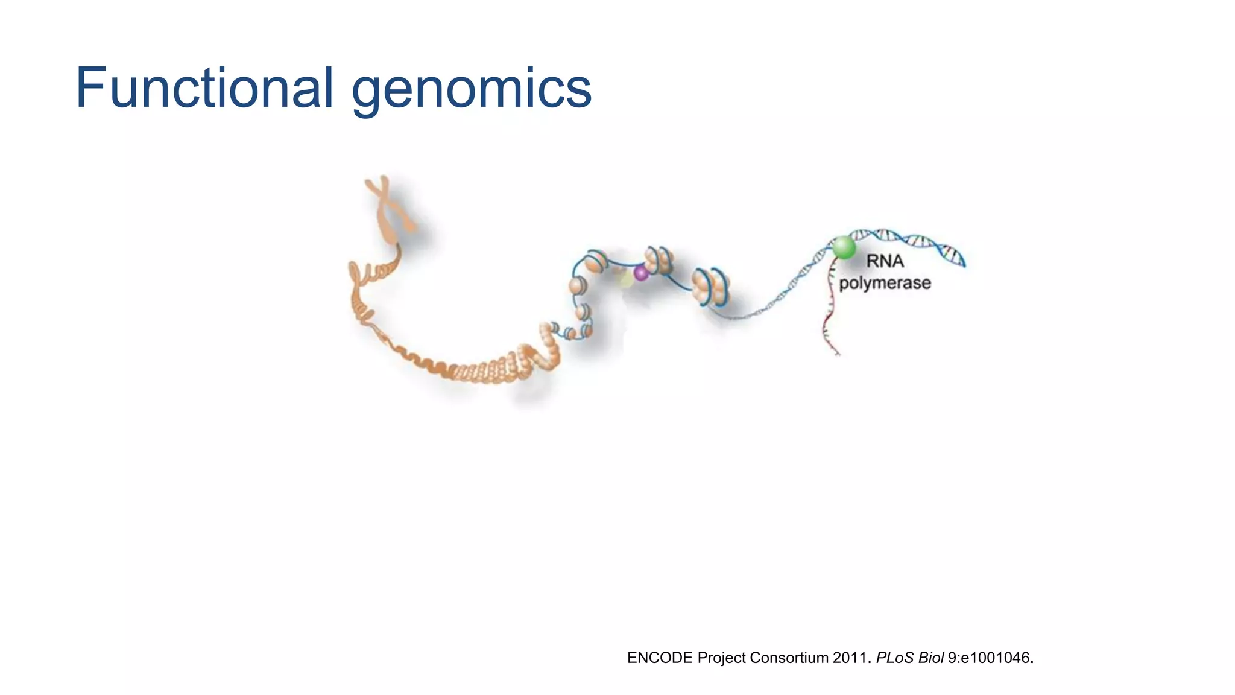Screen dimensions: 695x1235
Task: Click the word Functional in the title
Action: tap(204, 88)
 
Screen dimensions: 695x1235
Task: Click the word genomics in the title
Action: tap(471, 90)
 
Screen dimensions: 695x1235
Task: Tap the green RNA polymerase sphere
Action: tap(844, 247)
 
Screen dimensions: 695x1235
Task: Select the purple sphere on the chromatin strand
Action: tap(641, 273)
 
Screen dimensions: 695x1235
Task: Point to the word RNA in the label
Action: tap(885, 261)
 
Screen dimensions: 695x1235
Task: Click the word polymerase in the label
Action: tap(885, 283)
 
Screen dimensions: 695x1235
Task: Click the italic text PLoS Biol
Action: tap(909, 658)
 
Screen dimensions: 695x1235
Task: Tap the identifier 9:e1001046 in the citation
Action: tap(989, 658)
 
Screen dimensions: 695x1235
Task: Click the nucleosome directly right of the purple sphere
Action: tap(658, 260)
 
